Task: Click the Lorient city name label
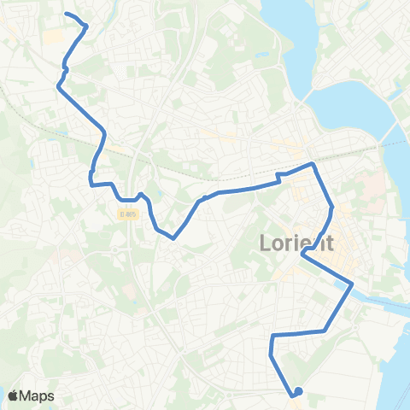[x=295, y=244]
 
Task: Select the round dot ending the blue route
[x=298, y=392]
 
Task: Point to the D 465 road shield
[x=128, y=214]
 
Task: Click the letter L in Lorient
[x=264, y=244]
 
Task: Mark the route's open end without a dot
[x=67, y=15]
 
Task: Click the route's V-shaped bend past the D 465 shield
[x=174, y=237]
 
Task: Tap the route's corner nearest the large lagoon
[x=313, y=163]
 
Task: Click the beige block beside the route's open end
[x=54, y=37]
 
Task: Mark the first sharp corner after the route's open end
[x=87, y=26]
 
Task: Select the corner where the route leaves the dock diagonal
[x=325, y=330]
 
